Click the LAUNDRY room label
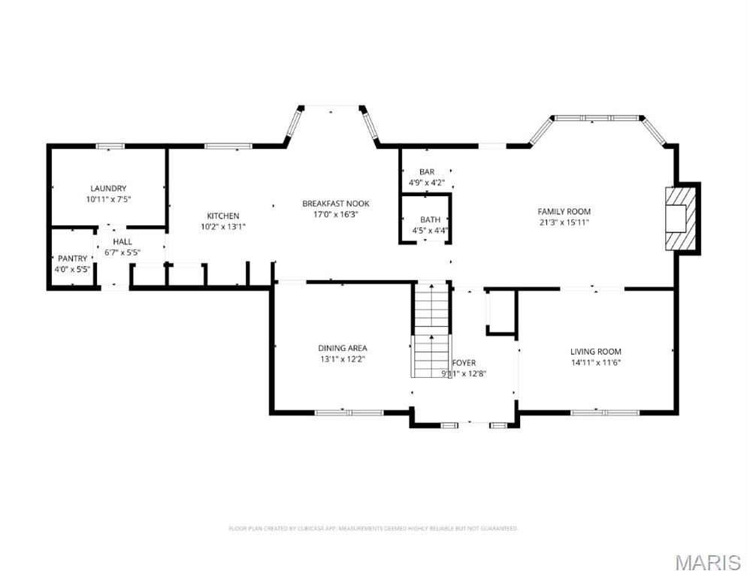108,188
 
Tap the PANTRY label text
72,258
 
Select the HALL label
122,241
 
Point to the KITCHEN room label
223,216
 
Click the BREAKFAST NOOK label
336,204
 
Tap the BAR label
427,172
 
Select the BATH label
431,219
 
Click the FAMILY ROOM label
564,211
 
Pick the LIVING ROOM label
595,351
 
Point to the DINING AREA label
342,348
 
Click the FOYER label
464,363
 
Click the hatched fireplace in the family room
682,218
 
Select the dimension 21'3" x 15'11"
564,222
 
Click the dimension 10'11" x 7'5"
108,199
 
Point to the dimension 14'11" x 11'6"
595,362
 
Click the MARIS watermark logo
708,562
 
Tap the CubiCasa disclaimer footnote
373,529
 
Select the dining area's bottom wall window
349,412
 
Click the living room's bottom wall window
605,412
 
